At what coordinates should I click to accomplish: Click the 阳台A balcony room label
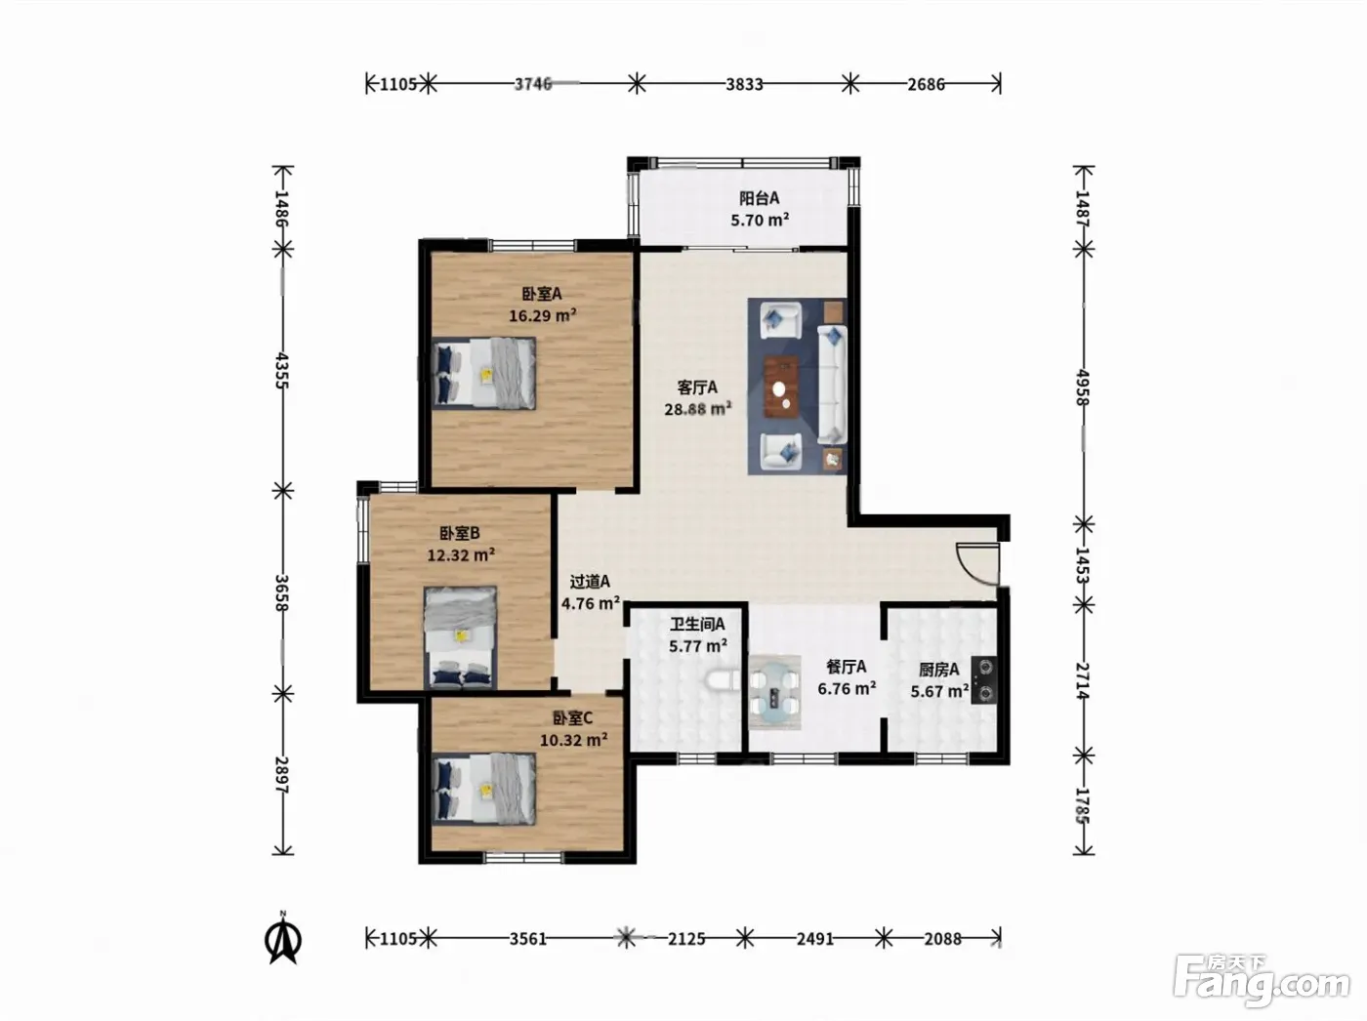tap(759, 198)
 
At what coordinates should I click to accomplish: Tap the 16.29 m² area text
tap(543, 315)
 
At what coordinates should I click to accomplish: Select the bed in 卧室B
tap(460, 637)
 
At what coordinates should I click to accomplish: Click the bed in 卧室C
tap(484, 790)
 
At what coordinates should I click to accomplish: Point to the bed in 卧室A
tap(484, 374)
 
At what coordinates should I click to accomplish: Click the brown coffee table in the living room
tap(781, 387)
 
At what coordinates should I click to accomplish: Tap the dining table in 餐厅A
tap(774, 692)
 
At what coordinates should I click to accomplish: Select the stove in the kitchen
tap(984, 679)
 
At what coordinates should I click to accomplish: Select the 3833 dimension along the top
tap(744, 83)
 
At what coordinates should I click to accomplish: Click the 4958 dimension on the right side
tap(1083, 388)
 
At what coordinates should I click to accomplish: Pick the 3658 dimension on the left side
tap(282, 592)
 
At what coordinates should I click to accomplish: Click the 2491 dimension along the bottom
tap(814, 938)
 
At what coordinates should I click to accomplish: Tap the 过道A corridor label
tap(590, 582)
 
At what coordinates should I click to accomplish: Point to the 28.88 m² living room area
tap(697, 409)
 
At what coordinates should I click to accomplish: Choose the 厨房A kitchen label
tap(939, 670)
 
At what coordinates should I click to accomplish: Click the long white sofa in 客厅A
tap(832, 385)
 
